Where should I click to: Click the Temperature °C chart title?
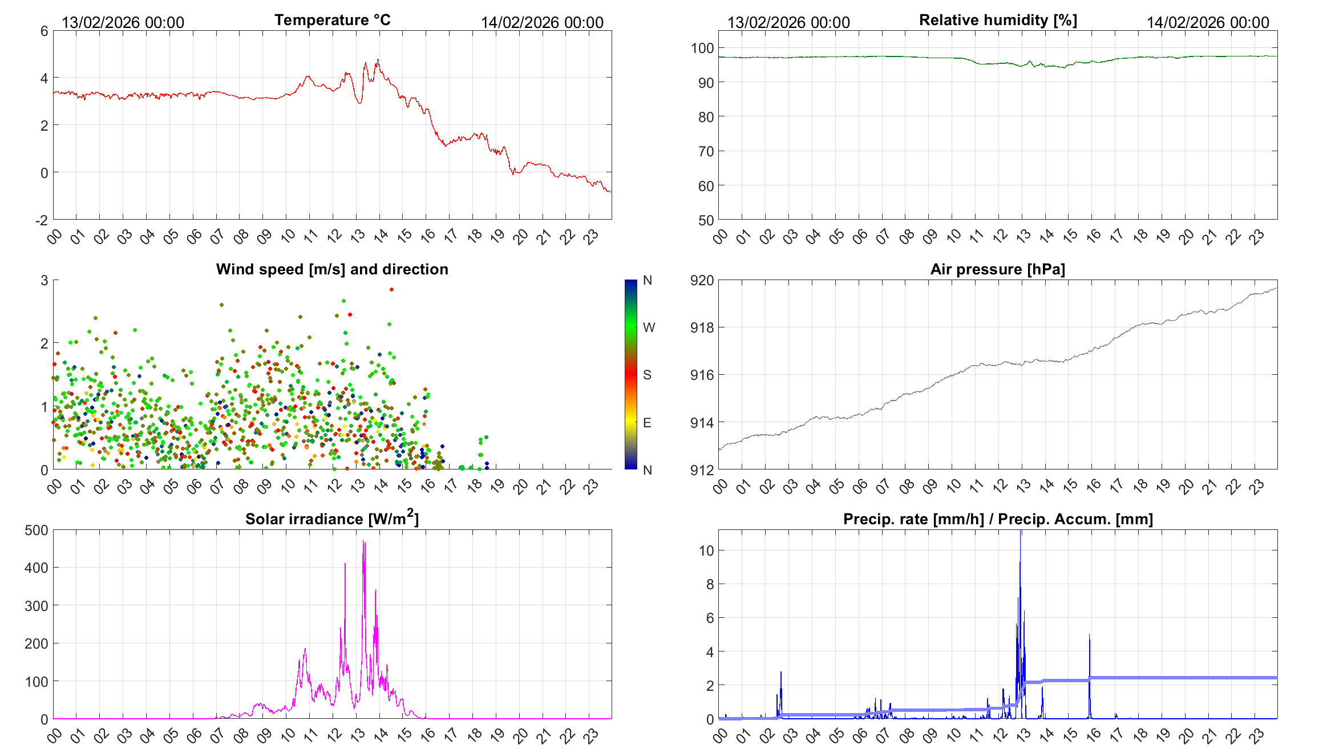[x=332, y=20]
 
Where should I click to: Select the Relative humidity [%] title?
[x=998, y=20]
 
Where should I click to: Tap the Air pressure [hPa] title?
[x=997, y=269]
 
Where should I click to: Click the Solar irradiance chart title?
[x=332, y=519]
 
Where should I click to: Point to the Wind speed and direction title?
[x=332, y=269]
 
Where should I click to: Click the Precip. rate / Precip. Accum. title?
[x=998, y=519]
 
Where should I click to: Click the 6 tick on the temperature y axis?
[x=44, y=31]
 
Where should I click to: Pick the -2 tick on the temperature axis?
[x=42, y=220]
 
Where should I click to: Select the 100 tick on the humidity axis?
[x=702, y=48]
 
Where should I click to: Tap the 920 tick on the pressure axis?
[x=702, y=281]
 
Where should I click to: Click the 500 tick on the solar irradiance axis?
[x=37, y=531]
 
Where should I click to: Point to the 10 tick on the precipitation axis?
[x=706, y=551]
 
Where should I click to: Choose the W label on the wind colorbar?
[x=649, y=327]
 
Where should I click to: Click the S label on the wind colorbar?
[x=647, y=375]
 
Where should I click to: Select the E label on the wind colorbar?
[x=647, y=423]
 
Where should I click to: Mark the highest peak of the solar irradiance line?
[x=364, y=542]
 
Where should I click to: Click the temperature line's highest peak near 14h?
[x=378, y=60]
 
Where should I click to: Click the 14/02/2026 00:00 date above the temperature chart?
[x=542, y=23]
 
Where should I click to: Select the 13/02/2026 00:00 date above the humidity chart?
[x=788, y=23]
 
